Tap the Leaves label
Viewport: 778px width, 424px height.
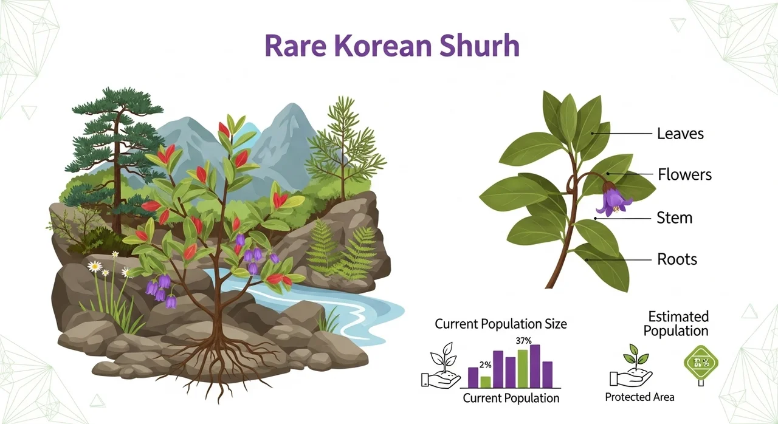pyautogui.click(x=680, y=133)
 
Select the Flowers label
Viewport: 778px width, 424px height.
pyautogui.click(x=684, y=175)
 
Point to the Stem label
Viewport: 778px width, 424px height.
pyautogui.click(x=674, y=217)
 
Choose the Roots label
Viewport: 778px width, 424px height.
pyautogui.click(x=677, y=259)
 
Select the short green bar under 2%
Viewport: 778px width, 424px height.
pyautogui.click(x=485, y=381)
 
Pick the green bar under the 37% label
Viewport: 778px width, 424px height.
pyautogui.click(x=523, y=368)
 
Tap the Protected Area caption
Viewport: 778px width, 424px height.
pyautogui.click(x=639, y=397)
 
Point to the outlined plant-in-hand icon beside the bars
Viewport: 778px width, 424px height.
pyautogui.click(x=441, y=369)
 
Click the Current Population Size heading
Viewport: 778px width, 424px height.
pyautogui.click(x=501, y=324)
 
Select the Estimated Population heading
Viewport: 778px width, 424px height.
pyautogui.click(x=678, y=324)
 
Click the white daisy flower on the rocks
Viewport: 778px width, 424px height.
pyautogui.click(x=95, y=266)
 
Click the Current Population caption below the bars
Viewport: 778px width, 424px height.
pyautogui.click(x=511, y=398)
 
